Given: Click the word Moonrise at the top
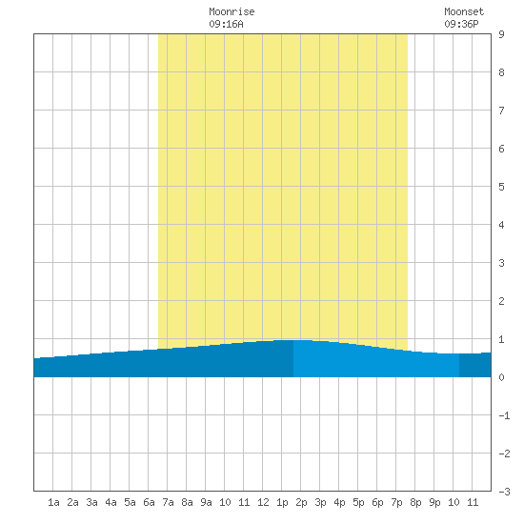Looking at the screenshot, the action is click(232, 11).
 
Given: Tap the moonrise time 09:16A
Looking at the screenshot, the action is click(226, 24).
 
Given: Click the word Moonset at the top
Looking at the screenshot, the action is click(464, 11).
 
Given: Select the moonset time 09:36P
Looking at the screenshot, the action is click(461, 24).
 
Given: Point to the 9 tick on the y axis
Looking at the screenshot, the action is click(501, 34).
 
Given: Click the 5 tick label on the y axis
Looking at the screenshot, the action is click(501, 187).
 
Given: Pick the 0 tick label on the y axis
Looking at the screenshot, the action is click(501, 377).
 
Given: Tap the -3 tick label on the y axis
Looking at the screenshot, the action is click(504, 492).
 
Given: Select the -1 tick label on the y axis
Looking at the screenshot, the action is click(504, 415).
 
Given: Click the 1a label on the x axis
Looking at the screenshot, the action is click(53, 502).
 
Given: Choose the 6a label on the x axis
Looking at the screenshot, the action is click(149, 502).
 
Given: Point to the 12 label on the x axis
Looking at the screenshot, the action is click(263, 502).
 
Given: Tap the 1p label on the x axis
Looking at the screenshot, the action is click(282, 502).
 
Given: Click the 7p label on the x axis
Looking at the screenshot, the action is click(396, 502).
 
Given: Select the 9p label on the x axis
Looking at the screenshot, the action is click(434, 502).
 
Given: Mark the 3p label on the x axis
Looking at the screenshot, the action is click(320, 502).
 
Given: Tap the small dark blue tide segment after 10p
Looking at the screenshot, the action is click(474, 365).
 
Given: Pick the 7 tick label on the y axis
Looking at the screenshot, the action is click(501, 111).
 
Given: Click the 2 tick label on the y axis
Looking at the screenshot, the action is click(501, 301).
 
